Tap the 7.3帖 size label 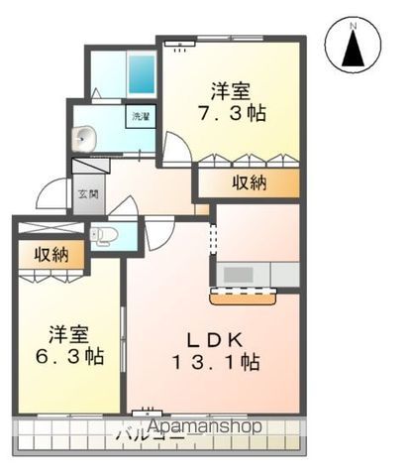[x=229, y=116]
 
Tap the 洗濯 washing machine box [x=140, y=117]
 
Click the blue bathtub [x=141, y=73]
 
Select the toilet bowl [x=104, y=235]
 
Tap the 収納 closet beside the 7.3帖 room [x=248, y=182]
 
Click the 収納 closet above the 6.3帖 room [x=50, y=255]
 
